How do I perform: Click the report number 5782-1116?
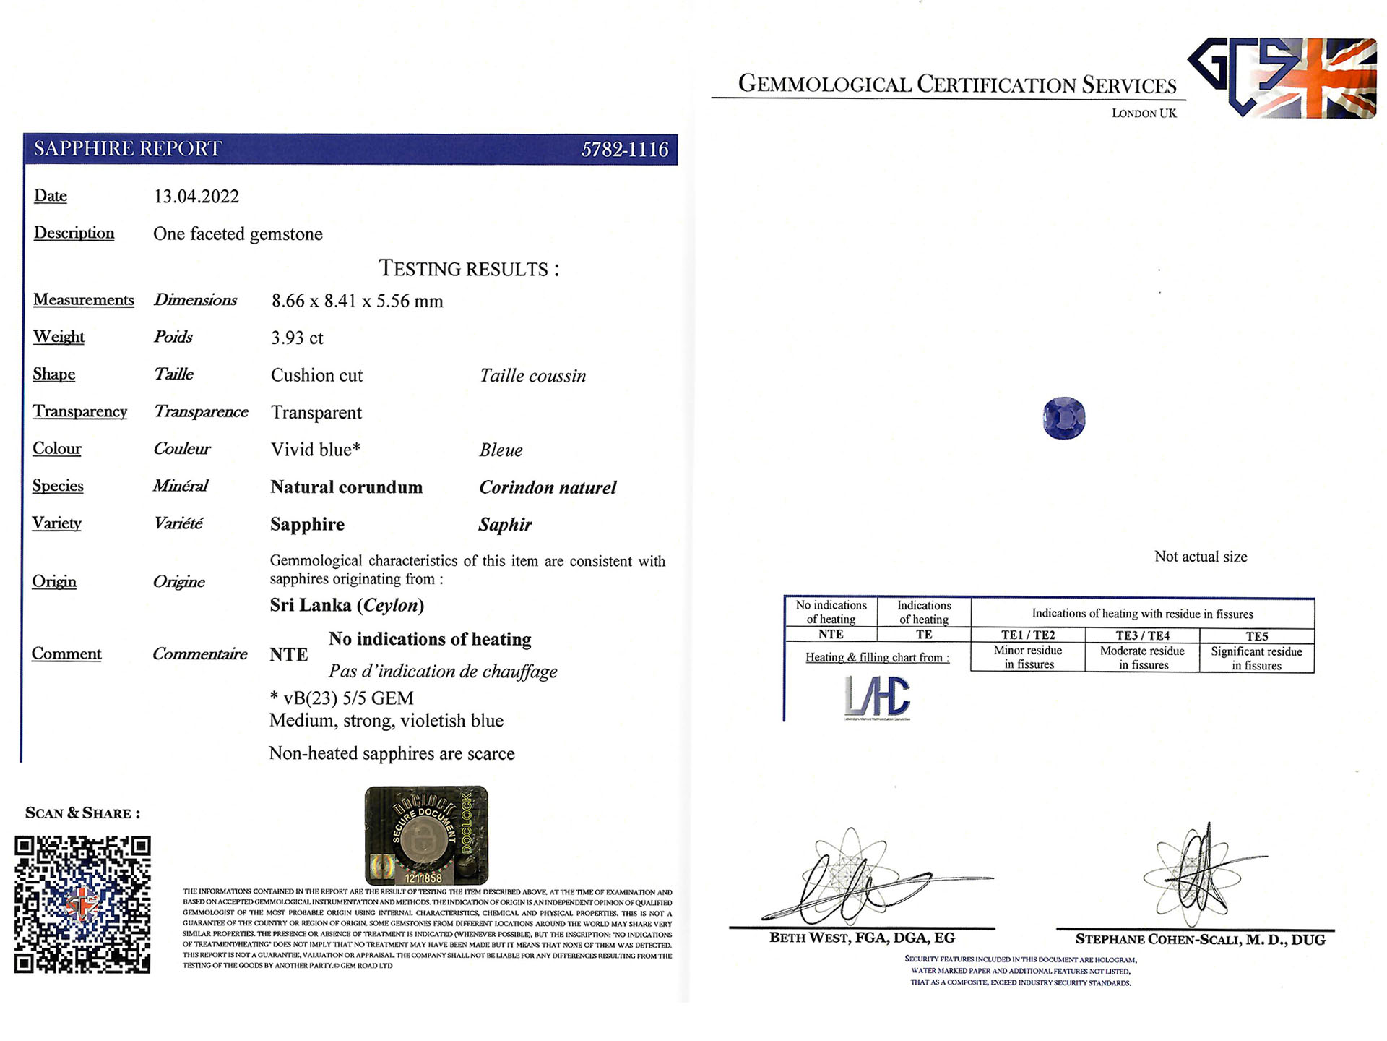coord(624,150)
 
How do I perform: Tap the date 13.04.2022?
coord(196,197)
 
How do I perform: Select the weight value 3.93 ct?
coord(297,338)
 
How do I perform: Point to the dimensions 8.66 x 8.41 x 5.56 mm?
coord(357,301)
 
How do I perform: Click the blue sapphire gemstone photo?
coord(1063,418)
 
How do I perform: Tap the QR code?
coord(82,904)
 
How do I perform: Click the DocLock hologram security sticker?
coord(426,836)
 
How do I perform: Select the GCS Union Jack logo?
coord(1283,77)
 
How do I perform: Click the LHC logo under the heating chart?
coord(877,698)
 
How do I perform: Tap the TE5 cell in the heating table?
coord(1256,636)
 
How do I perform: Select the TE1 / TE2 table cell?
coord(1027,635)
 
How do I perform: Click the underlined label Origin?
coord(54,581)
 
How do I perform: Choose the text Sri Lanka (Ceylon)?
coord(347,605)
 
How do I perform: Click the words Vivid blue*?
coord(315,450)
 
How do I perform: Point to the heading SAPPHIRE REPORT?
coord(128,149)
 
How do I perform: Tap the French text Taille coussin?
coord(532,376)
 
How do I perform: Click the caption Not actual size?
coord(1200,557)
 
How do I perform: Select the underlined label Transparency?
coord(79,411)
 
